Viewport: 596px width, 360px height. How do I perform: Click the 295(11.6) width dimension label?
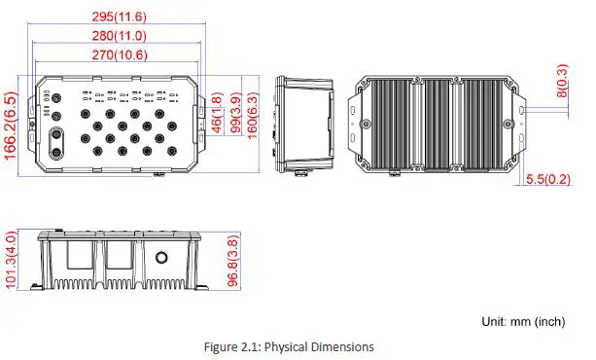click(x=120, y=17)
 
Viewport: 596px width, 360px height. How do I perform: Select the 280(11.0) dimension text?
click(x=120, y=36)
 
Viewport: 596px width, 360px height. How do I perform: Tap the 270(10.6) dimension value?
click(x=120, y=55)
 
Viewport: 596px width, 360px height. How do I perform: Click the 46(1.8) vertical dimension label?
click(x=218, y=112)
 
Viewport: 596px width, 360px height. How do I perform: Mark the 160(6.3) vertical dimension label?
click(x=254, y=116)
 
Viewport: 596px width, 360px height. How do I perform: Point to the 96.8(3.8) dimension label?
click(x=233, y=261)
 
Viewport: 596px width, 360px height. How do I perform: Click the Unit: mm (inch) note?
click(x=522, y=320)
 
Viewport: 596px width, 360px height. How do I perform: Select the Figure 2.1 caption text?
click(x=289, y=346)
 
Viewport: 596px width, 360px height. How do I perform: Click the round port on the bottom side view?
click(x=162, y=259)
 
